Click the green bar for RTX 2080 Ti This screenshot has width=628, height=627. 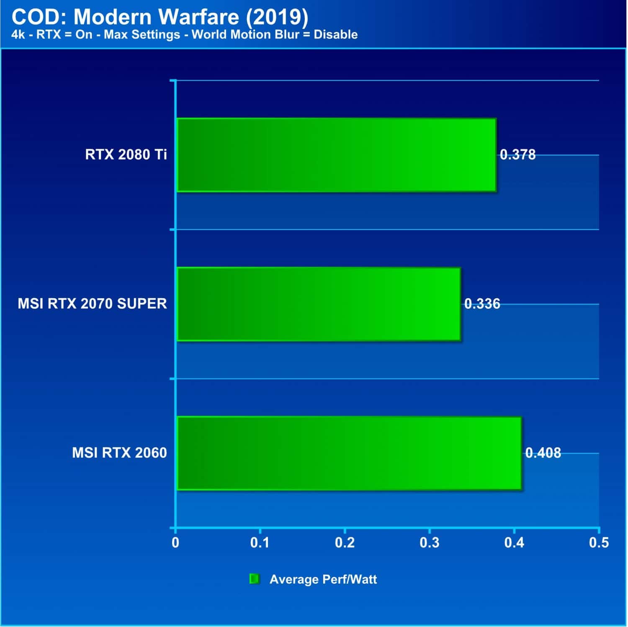click(x=337, y=155)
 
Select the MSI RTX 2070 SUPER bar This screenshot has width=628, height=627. click(x=319, y=304)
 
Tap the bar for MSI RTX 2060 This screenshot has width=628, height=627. click(x=349, y=453)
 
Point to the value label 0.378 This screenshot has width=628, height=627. click(x=518, y=155)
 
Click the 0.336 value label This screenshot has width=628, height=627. click(x=482, y=304)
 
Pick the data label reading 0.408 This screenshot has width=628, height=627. click(x=543, y=453)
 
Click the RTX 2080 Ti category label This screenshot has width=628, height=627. click(x=126, y=155)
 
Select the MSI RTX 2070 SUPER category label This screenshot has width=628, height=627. click(x=92, y=304)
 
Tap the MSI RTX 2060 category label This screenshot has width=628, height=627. click(x=119, y=453)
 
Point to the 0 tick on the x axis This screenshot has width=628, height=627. click(x=175, y=543)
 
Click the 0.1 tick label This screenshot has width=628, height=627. click(x=260, y=543)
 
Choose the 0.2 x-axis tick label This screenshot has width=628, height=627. click(x=345, y=543)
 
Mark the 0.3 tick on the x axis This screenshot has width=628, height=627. click(x=430, y=543)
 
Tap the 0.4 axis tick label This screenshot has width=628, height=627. click(x=514, y=543)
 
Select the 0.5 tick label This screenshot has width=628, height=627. click(x=599, y=543)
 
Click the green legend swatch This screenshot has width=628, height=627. click(x=254, y=579)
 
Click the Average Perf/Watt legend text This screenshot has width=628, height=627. click(x=323, y=579)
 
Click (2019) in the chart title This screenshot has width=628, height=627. click(x=277, y=18)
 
